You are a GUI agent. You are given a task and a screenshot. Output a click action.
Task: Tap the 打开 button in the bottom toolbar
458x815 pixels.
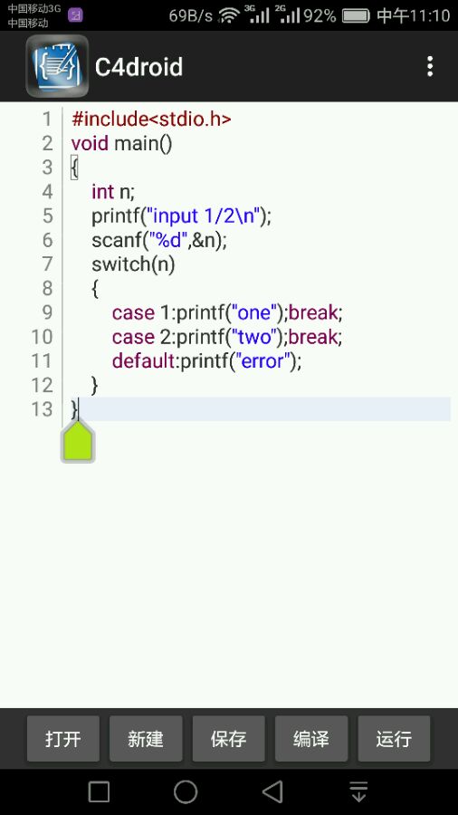63,739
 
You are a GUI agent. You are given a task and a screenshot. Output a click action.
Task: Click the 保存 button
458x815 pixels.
228,739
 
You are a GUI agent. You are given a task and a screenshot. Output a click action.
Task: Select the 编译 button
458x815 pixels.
311,739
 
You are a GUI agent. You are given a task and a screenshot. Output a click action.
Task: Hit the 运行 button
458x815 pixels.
394,739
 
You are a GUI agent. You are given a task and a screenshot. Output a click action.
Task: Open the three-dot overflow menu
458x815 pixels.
429,66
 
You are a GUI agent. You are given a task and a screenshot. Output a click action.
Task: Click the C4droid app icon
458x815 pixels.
57,66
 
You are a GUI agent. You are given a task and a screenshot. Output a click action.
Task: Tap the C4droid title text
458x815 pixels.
138,67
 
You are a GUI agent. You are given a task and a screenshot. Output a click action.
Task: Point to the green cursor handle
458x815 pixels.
78,442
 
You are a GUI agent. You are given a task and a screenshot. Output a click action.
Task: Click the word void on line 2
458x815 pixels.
90,143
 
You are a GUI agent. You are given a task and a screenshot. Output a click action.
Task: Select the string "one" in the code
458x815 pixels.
254,312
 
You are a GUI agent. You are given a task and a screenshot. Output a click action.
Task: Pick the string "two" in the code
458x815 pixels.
254,337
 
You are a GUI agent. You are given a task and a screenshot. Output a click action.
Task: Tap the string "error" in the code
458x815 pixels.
262,360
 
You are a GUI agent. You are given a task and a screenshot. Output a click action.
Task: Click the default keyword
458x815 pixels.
143,360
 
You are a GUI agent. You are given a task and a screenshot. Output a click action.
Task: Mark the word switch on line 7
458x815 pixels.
121,264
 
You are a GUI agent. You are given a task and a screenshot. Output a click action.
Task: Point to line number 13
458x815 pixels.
42,409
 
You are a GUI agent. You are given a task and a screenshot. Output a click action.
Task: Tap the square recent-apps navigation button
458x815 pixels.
99,792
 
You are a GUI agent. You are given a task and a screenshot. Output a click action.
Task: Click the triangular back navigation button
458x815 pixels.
272,792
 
